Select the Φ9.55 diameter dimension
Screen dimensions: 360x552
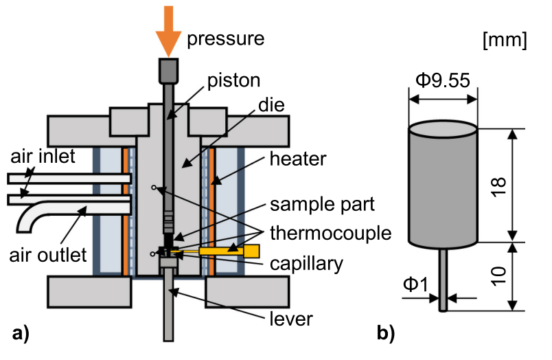coord(442,80)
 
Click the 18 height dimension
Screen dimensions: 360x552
coord(499,184)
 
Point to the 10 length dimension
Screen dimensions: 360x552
coord(499,276)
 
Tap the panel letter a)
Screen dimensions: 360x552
coord(21,335)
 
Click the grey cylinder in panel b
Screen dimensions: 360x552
coord(443,185)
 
